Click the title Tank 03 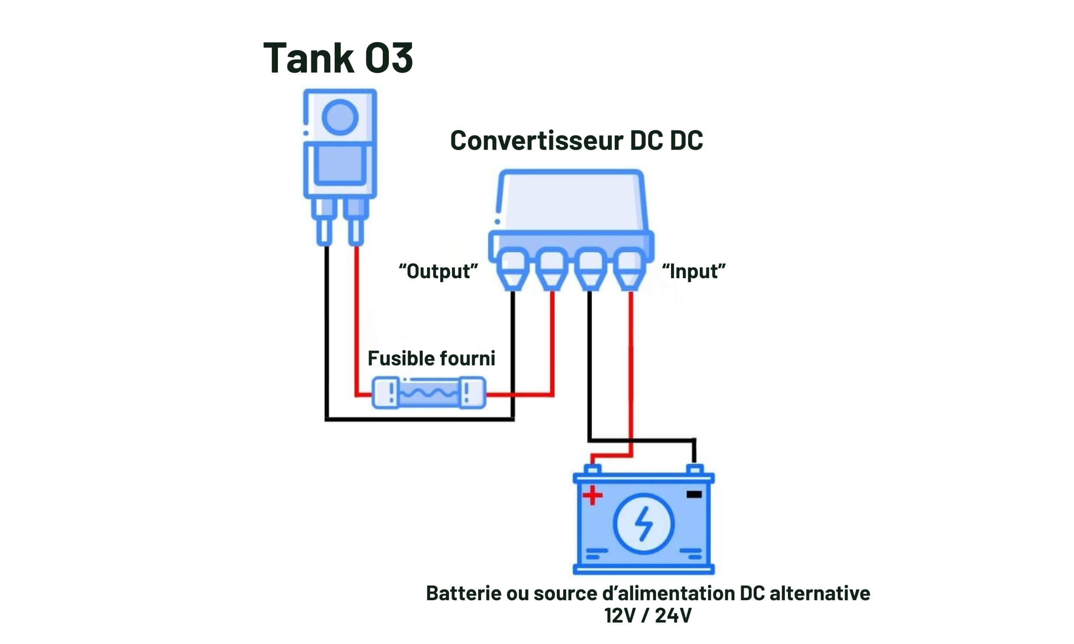[338, 58]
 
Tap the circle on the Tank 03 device [340, 117]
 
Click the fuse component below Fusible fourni [429, 393]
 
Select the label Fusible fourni [431, 358]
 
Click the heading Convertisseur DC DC [576, 140]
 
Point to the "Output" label [438, 271]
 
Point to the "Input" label [693, 271]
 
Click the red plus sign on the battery [592, 495]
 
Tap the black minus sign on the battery [694, 494]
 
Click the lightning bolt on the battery [644, 524]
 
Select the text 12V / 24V [648, 615]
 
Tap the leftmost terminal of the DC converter [513, 269]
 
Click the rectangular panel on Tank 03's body [340, 164]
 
